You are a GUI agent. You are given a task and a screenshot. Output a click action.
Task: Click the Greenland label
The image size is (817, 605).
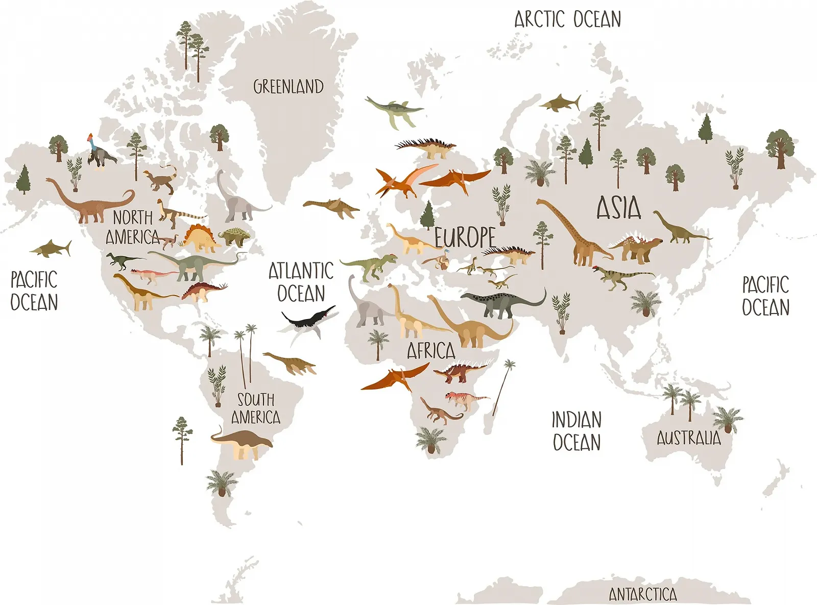pos(289,87)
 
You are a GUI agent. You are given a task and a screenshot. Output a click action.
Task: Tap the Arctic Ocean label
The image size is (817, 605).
pos(567,19)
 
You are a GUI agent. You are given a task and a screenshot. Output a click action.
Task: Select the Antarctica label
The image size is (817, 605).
pos(643,594)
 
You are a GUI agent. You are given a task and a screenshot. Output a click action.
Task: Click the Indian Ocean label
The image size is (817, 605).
pos(576,431)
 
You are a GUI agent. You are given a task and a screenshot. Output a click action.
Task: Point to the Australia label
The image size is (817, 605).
pos(688,438)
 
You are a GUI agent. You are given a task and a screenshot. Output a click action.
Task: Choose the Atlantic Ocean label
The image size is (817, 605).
pos(301,282)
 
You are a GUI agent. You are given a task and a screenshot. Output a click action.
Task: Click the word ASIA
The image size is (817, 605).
pos(619,208)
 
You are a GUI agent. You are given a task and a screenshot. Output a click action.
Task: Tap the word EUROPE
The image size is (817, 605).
pos(465,237)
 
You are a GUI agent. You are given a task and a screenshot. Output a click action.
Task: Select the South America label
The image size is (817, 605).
pos(256,408)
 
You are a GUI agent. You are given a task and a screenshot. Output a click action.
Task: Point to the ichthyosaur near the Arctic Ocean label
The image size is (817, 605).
pos(561,103)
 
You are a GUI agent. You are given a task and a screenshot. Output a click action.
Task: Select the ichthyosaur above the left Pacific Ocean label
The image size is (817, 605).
pos(51,249)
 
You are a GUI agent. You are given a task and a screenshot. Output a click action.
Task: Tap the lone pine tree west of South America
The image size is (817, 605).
pos(182,439)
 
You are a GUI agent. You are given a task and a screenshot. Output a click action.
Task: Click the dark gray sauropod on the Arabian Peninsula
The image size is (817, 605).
pos(500,303)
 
